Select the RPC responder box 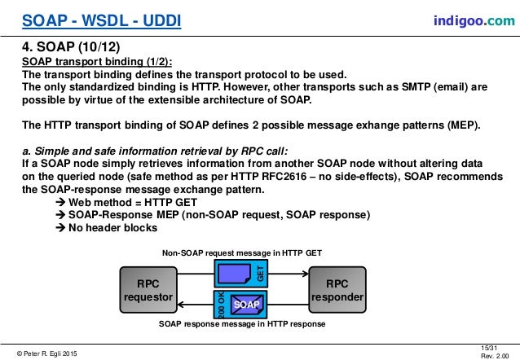click(337, 291)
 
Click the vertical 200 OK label click(221, 303)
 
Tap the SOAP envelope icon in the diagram click(245, 303)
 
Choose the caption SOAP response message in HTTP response click(242, 324)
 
